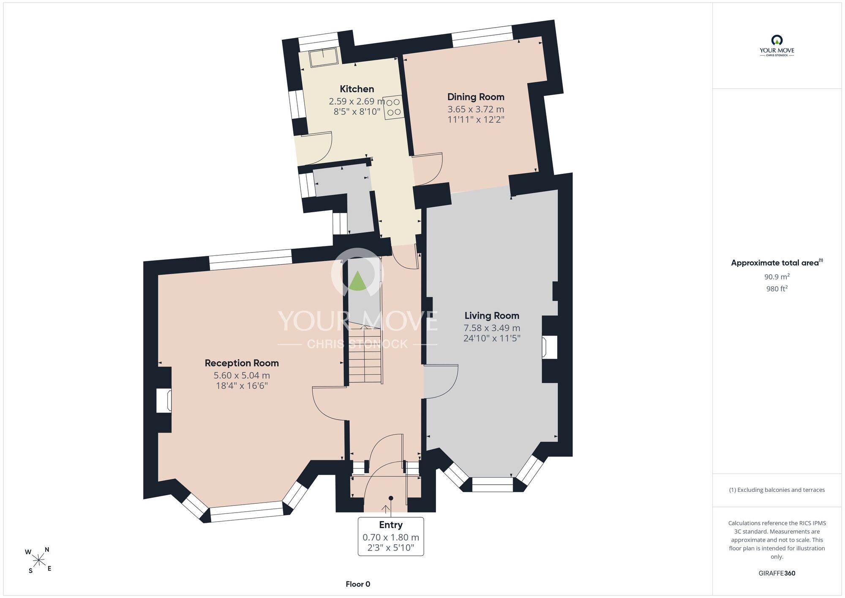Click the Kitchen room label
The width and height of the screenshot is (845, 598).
point(357,89)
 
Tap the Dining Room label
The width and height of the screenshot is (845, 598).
point(476,97)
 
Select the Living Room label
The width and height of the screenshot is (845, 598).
point(492,315)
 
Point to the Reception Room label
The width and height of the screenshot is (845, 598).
point(242,363)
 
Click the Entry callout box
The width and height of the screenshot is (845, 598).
point(391,536)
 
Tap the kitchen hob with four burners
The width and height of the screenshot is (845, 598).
point(393,107)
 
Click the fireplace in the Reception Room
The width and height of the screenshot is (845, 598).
point(164,400)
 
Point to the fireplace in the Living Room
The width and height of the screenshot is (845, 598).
point(550,347)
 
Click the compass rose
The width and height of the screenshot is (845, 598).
point(39,561)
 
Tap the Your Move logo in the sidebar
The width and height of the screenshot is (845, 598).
point(777,46)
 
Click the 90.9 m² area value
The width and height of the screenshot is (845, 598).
point(777,277)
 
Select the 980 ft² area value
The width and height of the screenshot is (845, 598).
point(777,289)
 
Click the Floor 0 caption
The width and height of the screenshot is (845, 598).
point(358,584)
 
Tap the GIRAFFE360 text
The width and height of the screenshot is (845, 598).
point(777,573)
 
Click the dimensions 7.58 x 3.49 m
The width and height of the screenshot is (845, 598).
point(492,328)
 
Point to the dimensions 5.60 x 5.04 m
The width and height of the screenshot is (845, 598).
point(242,375)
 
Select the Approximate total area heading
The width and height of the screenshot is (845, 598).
point(777,263)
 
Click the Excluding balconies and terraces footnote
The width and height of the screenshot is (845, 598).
point(777,490)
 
